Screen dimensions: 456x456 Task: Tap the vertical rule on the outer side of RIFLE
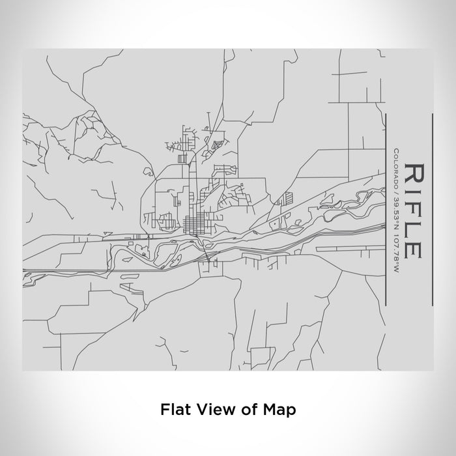click(432, 208)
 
